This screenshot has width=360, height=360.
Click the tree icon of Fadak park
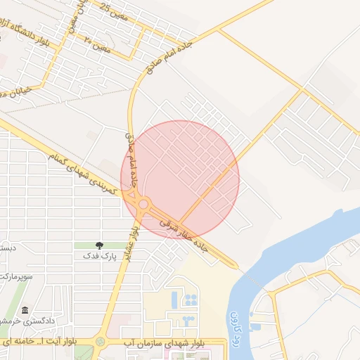[98, 245]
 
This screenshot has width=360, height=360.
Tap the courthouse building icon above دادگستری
[25, 310]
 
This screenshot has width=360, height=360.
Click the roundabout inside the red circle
[143, 205]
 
